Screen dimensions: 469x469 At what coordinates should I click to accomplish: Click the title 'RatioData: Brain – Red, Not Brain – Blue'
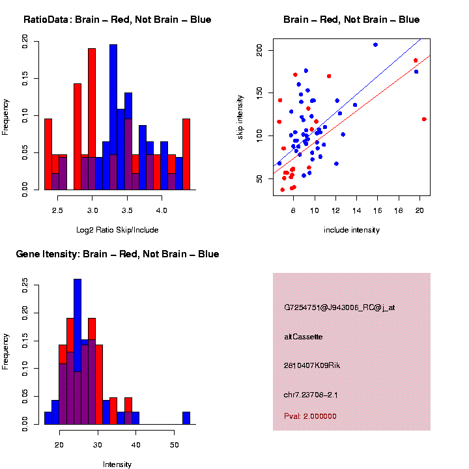[117, 20]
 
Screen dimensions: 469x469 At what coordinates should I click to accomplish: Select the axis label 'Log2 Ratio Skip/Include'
[117, 230]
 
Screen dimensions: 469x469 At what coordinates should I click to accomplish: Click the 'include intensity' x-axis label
[352, 230]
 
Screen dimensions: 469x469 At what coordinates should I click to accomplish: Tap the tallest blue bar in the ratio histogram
[113, 117]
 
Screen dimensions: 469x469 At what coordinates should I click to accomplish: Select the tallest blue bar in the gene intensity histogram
[78, 352]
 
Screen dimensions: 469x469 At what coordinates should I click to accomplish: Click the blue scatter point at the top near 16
[375, 44]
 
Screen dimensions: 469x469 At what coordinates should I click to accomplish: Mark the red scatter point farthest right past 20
[424, 119]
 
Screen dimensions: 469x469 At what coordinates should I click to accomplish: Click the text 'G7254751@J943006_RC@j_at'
[339, 307]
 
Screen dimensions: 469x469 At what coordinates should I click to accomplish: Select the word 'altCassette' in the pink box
[304, 337]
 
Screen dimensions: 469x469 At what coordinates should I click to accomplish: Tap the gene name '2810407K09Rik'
[312, 365]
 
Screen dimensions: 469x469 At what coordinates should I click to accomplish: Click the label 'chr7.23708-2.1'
[311, 395]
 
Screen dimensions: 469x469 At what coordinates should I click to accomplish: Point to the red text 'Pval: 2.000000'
[310, 416]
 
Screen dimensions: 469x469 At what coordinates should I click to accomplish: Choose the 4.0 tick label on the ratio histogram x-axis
[162, 211]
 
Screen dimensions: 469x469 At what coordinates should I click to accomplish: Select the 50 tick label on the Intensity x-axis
[175, 445]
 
